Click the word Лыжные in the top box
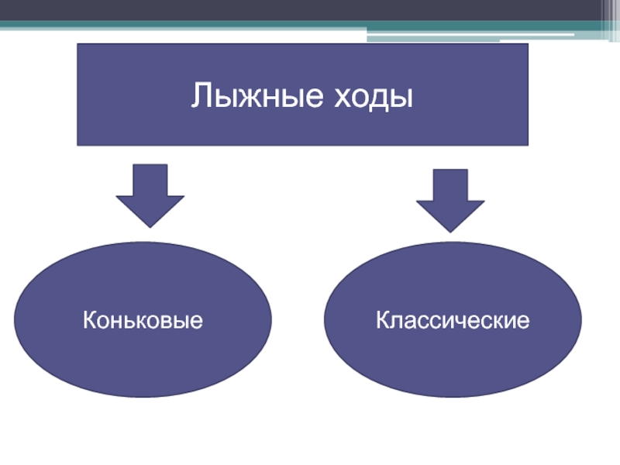coord(246,98)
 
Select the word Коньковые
coord(143,319)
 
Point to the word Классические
coord(453,319)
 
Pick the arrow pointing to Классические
coord(450,200)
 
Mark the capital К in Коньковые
coord(90,319)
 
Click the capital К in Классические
coord(382,319)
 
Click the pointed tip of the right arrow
coord(450,230)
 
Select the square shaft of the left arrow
coord(150,180)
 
